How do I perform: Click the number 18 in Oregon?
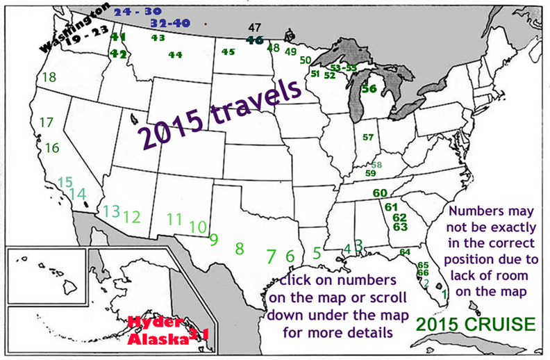click(x=49, y=77)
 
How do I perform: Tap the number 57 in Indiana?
click(x=368, y=137)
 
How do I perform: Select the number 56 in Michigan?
click(x=369, y=88)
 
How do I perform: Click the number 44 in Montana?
click(x=175, y=54)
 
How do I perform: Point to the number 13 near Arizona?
click(x=111, y=211)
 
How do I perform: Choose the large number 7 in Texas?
click(x=272, y=256)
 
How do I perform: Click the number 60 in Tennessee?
click(x=379, y=193)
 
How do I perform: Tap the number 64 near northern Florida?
click(x=405, y=252)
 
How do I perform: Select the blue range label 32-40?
click(x=169, y=23)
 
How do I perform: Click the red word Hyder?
click(x=155, y=323)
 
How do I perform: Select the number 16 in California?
click(x=52, y=148)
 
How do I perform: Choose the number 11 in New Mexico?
click(x=174, y=219)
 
